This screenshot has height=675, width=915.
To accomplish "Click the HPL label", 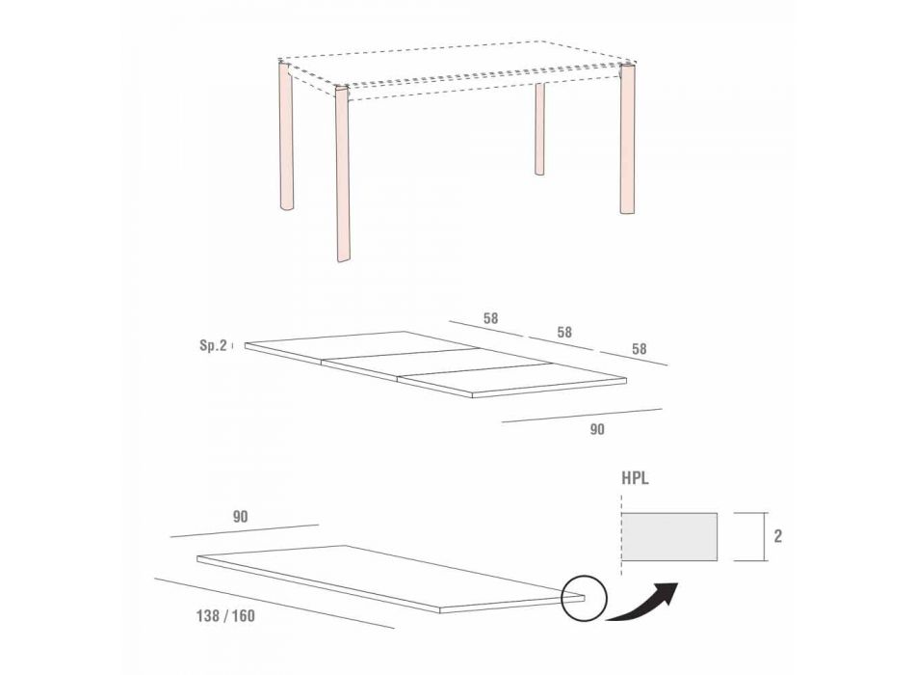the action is pos(635,478).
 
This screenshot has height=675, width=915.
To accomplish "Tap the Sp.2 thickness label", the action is pos(213,345).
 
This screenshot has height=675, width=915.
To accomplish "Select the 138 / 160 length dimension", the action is pos(225,616).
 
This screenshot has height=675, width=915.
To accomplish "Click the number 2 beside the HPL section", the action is pos(778,536).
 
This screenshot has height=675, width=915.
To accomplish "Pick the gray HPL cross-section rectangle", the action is pos(669,536).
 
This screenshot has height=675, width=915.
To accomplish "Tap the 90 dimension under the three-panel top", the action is pos(597,429).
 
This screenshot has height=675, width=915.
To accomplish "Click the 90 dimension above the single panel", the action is pos(240,517).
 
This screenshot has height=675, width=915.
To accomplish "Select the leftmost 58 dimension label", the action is pos(491,318).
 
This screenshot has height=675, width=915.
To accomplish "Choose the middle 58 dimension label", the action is pos(564,332).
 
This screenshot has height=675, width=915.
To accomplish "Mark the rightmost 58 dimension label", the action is pos(640,349).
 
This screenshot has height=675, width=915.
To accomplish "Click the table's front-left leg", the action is pos(343,175).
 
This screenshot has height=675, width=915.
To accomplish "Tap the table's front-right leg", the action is pos(627,140).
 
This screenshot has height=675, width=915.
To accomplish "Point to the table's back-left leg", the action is pos(286,136).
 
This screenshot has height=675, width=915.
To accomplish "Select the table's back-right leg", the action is pos(539,128).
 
